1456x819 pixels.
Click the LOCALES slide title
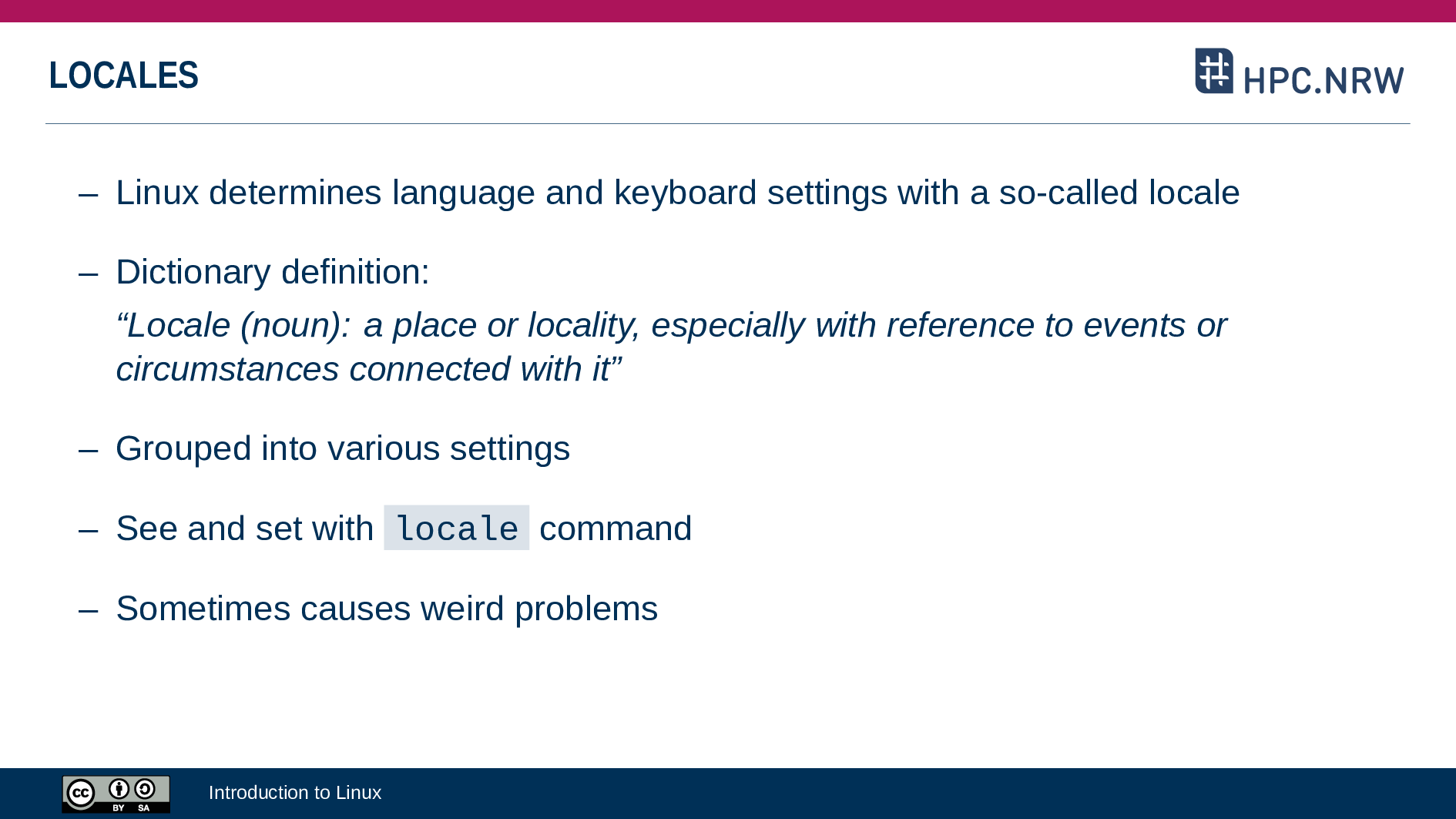point(123,76)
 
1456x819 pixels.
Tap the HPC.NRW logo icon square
point(1214,71)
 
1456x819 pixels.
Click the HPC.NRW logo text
point(1323,80)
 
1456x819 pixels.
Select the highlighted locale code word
point(457,529)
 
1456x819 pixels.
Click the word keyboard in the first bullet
point(685,193)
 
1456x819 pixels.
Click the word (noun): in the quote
point(296,325)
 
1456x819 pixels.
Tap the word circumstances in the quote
point(227,369)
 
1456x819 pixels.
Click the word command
point(616,529)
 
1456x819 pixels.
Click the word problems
point(586,609)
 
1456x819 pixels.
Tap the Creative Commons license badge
point(116,794)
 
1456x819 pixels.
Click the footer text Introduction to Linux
point(295,793)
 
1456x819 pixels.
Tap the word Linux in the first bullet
point(157,193)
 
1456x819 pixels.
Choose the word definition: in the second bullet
point(355,272)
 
